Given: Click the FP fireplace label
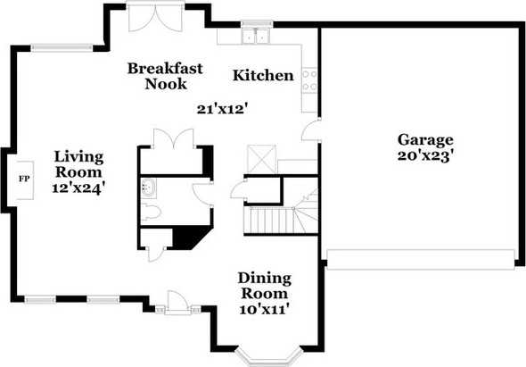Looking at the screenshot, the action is [24, 179].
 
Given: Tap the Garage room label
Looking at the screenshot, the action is [425, 140].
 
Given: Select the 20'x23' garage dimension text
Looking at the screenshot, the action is [425, 156].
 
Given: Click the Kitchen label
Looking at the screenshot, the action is [263, 75].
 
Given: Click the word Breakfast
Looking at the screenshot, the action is [165, 69].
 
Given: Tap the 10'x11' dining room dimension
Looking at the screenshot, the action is [265, 309].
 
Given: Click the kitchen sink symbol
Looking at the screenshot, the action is [256, 37].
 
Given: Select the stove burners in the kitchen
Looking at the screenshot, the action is [309, 80].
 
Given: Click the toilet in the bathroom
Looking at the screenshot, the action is [151, 213].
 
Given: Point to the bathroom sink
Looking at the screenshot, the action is [148, 187].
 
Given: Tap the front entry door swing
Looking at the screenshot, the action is [177, 302].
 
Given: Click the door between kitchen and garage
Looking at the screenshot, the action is [310, 130].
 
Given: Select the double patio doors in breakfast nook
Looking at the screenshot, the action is [156, 17].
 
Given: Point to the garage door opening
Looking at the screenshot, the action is [421, 260].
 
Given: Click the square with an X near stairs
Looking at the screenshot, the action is [261, 159].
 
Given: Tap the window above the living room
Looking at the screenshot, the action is [62, 48].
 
